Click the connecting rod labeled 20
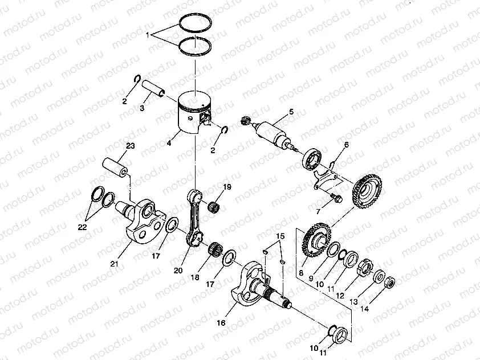click(x=196, y=219)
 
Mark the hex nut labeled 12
click(x=364, y=267)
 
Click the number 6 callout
click(x=346, y=145)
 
